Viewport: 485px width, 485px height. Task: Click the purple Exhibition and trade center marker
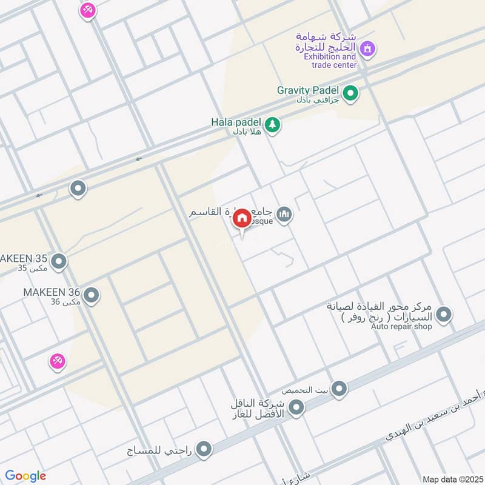tap(367, 47)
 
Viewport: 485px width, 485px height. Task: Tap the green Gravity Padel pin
tap(350, 93)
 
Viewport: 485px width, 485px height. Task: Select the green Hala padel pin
tap(273, 124)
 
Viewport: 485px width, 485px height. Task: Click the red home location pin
tap(242, 218)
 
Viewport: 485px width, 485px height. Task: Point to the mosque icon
tap(284, 214)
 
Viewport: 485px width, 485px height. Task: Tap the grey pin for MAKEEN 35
tap(59, 262)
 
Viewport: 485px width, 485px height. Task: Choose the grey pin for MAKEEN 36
tap(91, 296)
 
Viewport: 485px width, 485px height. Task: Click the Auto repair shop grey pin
tap(444, 314)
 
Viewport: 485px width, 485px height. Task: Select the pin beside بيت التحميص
tap(339, 388)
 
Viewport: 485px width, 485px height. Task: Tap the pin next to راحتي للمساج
tap(205, 449)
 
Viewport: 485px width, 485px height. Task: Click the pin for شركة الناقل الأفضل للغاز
tap(296, 408)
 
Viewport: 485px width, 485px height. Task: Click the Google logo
tap(25, 476)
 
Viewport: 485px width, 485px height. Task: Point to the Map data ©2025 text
tap(452, 479)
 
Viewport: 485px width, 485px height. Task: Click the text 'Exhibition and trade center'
tap(330, 61)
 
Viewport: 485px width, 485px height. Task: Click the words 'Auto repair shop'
tap(402, 327)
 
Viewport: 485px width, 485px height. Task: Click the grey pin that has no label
tap(78, 189)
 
